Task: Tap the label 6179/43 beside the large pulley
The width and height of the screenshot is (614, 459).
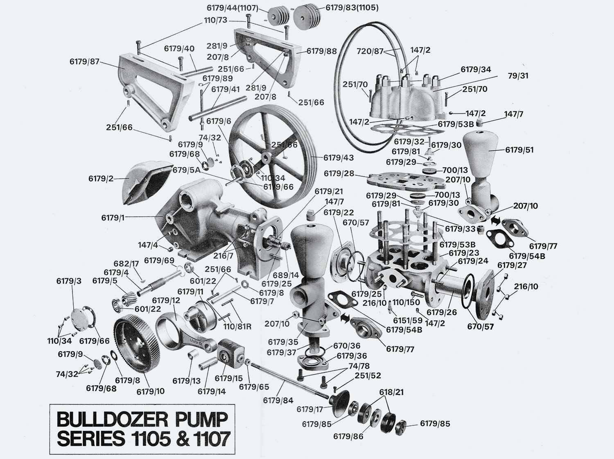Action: pyautogui.click(x=339, y=158)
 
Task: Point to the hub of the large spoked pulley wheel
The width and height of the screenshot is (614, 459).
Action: pyautogui.click(x=266, y=158)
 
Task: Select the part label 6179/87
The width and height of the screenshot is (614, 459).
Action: pyautogui.click(x=84, y=62)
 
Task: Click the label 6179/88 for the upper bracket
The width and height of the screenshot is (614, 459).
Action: pyautogui.click(x=322, y=51)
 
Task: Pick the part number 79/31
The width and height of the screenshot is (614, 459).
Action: pyautogui.click(x=519, y=76)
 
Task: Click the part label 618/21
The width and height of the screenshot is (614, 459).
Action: pyautogui.click(x=391, y=392)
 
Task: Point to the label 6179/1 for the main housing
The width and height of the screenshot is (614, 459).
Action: pyautogui.click(x=113, y=218)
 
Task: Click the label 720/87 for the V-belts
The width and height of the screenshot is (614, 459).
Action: pyautogui.click(x=370, y=51)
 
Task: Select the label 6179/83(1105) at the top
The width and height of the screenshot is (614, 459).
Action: pyautogui.click(x=352, y=7)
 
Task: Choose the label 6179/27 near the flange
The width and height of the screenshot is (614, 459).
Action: pyautogui.click(x=512, y=266)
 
